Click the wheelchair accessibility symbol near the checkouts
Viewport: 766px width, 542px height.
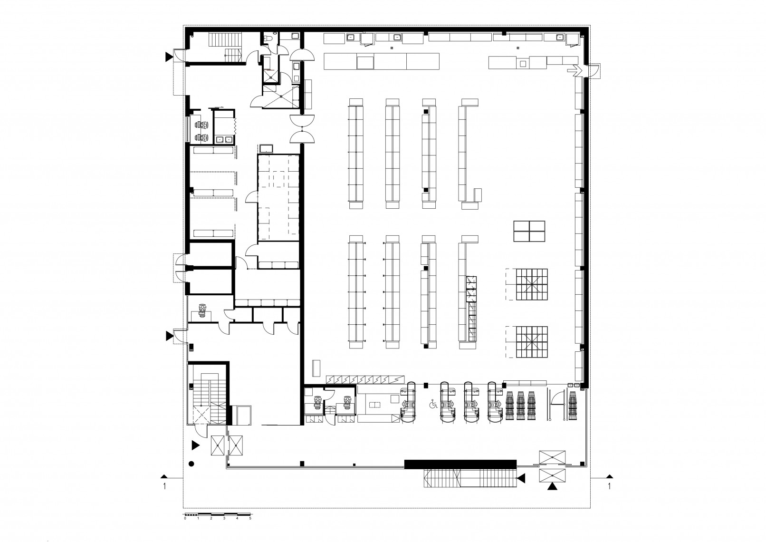click(433, 405)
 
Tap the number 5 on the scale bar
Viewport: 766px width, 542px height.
click(250, 528)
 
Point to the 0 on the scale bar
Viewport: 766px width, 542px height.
click(185, 528)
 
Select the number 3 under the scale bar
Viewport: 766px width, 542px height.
click(224, 528)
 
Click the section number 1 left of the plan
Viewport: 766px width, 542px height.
click(164, 486)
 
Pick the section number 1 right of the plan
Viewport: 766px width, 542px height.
click(609, 486)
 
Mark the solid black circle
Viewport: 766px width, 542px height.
click(191, 464)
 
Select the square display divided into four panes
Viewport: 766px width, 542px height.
click(529, 232)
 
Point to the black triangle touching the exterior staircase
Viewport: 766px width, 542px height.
click(521, 479)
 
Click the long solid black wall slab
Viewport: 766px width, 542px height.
click(460, 464)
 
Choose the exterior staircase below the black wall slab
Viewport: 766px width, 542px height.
click(470, 478)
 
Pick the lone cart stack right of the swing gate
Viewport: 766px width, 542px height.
click(573, 406)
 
